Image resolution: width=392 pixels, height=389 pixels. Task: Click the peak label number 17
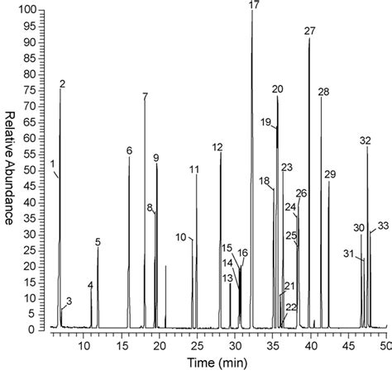pos(253,6)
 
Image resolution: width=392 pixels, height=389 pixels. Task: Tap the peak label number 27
pos(310,31)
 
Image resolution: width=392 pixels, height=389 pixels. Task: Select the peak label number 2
pos(63,84)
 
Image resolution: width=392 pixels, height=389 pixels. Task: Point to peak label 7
pos(145,97)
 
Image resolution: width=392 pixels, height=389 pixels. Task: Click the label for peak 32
pos(366,141)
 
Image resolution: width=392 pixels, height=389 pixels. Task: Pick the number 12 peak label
pos(218,147)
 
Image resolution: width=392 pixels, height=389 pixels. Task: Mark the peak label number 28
pos(323,92)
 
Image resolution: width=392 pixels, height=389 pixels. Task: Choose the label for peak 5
pos(98,242)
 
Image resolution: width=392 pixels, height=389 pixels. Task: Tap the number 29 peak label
pos(331,174)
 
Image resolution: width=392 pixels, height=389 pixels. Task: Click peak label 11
pos(194,169)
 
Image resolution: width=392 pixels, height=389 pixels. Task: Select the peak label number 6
pos(129,150)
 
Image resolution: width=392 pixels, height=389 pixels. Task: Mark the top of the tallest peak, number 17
pos(252,12)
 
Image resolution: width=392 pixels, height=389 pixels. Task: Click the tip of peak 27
pos(309,40)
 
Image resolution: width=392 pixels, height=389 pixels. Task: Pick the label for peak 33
pos(382,225)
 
